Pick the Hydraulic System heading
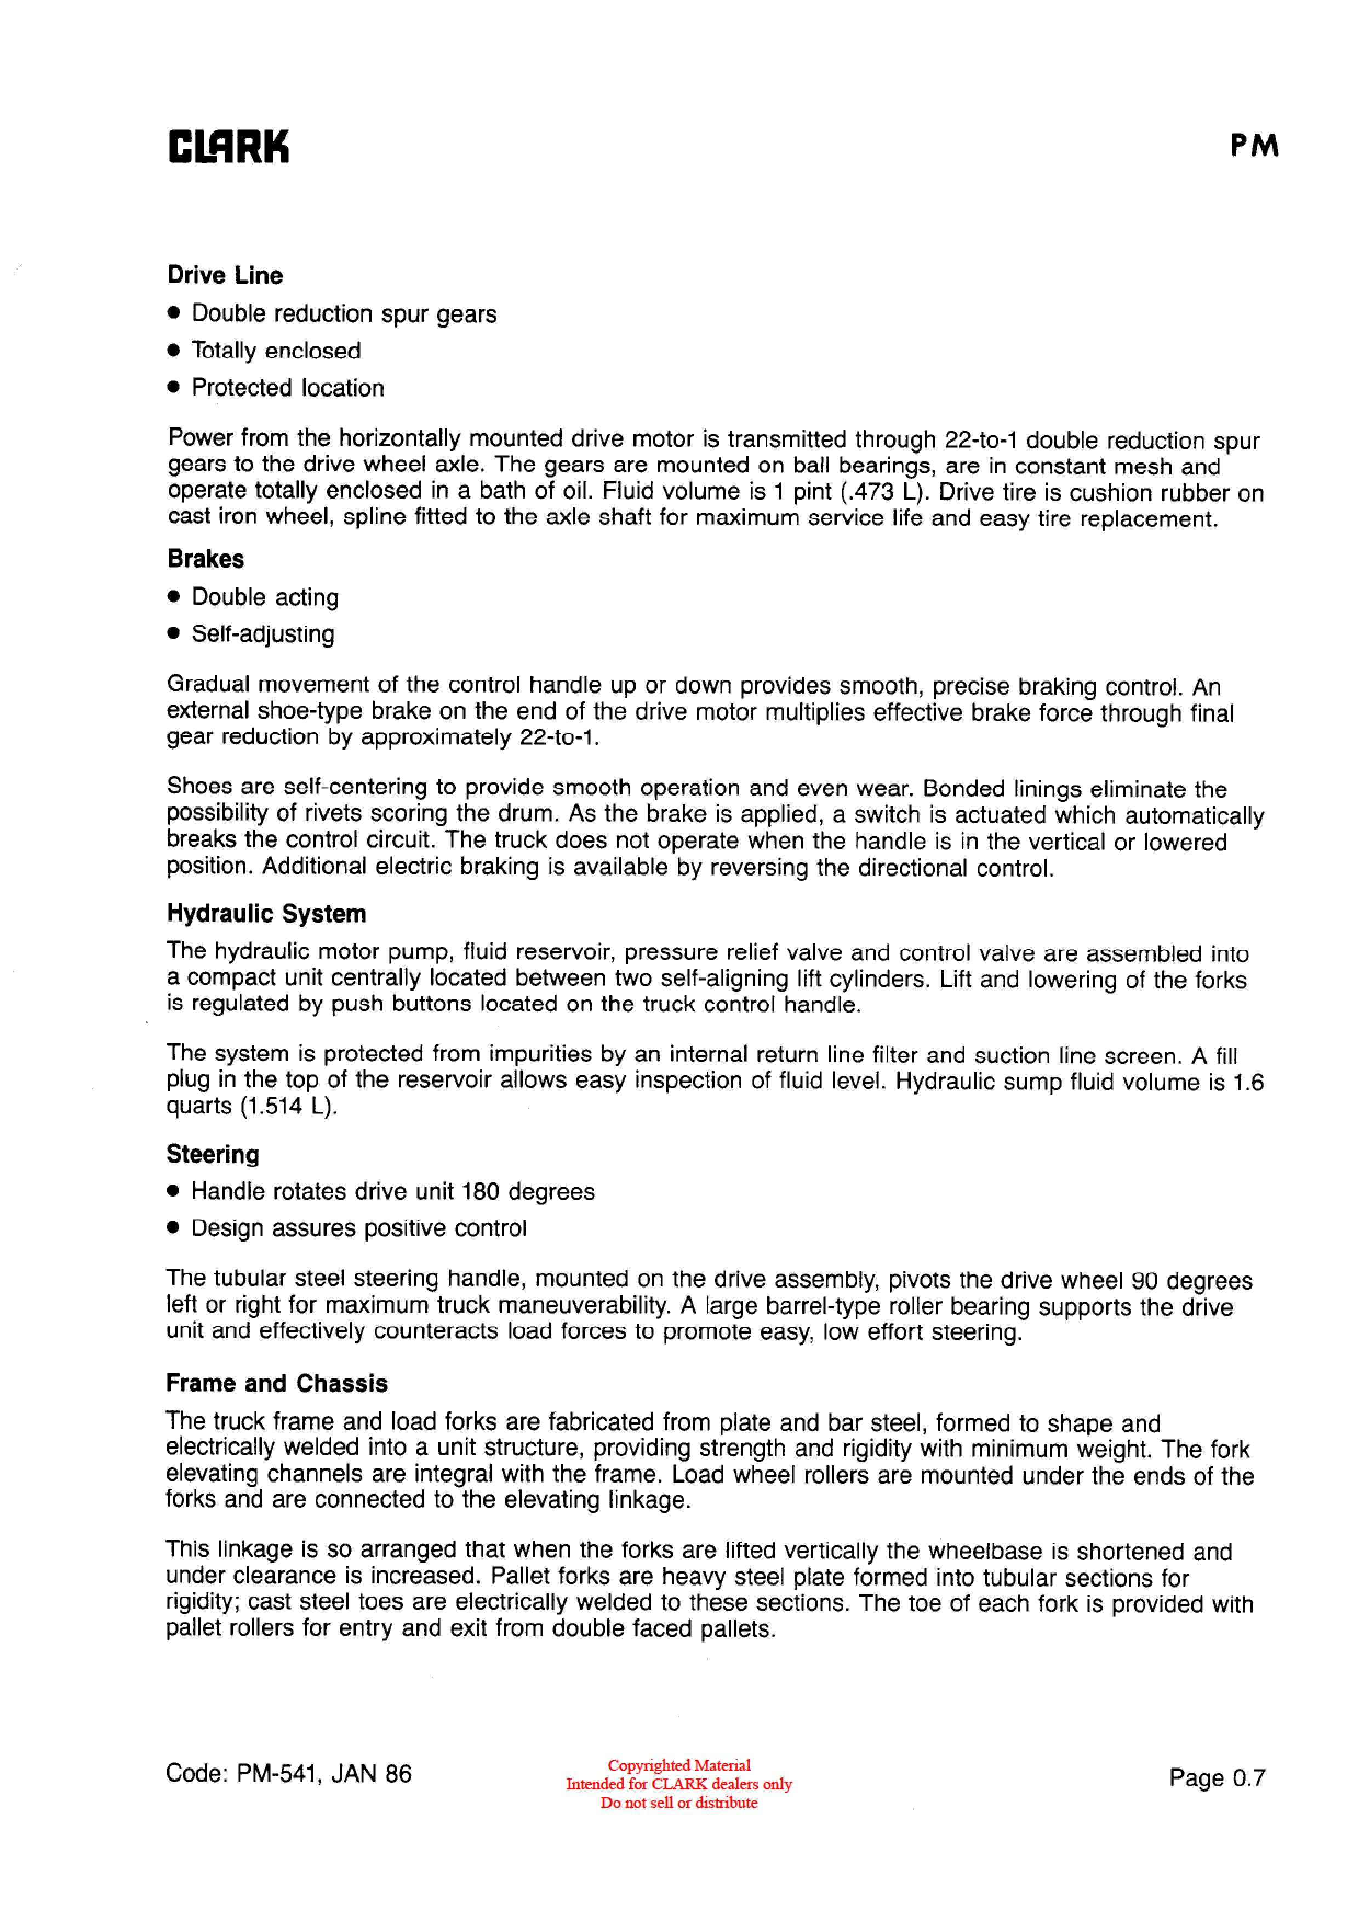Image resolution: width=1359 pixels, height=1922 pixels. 266,913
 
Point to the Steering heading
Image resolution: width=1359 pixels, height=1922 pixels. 213,1154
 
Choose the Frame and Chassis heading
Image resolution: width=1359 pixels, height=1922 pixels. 276,1383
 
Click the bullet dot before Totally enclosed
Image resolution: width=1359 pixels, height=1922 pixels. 173,351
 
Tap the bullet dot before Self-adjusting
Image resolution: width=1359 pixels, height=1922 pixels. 173,634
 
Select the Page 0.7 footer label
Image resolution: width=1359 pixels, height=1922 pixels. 1217,1777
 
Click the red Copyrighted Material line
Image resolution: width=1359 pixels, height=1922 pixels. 679,1765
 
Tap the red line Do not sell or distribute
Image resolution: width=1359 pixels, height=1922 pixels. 678,1803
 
